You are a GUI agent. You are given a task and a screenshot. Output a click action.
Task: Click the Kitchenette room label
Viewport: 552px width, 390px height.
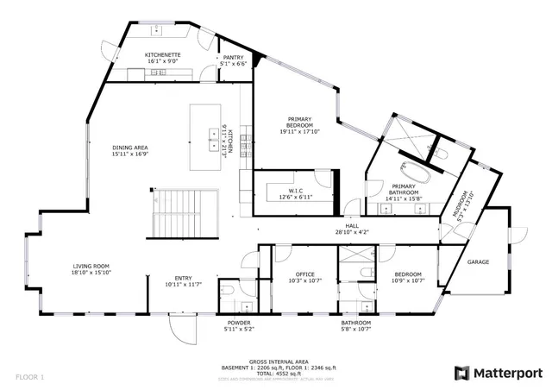(162, 54)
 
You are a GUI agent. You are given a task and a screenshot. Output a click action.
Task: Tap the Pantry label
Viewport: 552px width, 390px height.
(233, 57)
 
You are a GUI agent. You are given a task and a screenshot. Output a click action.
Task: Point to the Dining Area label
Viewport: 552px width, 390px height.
(129, 148)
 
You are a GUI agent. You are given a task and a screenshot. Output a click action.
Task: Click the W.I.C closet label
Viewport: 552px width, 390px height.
(284, 190)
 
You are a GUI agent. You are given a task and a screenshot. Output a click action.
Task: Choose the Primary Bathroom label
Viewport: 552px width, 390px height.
(404, 186)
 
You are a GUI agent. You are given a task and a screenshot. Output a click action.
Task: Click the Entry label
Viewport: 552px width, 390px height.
(184, 277)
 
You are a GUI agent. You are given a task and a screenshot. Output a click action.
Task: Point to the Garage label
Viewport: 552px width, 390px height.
(478, 261)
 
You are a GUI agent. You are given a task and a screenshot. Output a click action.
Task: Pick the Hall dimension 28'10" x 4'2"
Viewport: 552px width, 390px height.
(352, 231)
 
